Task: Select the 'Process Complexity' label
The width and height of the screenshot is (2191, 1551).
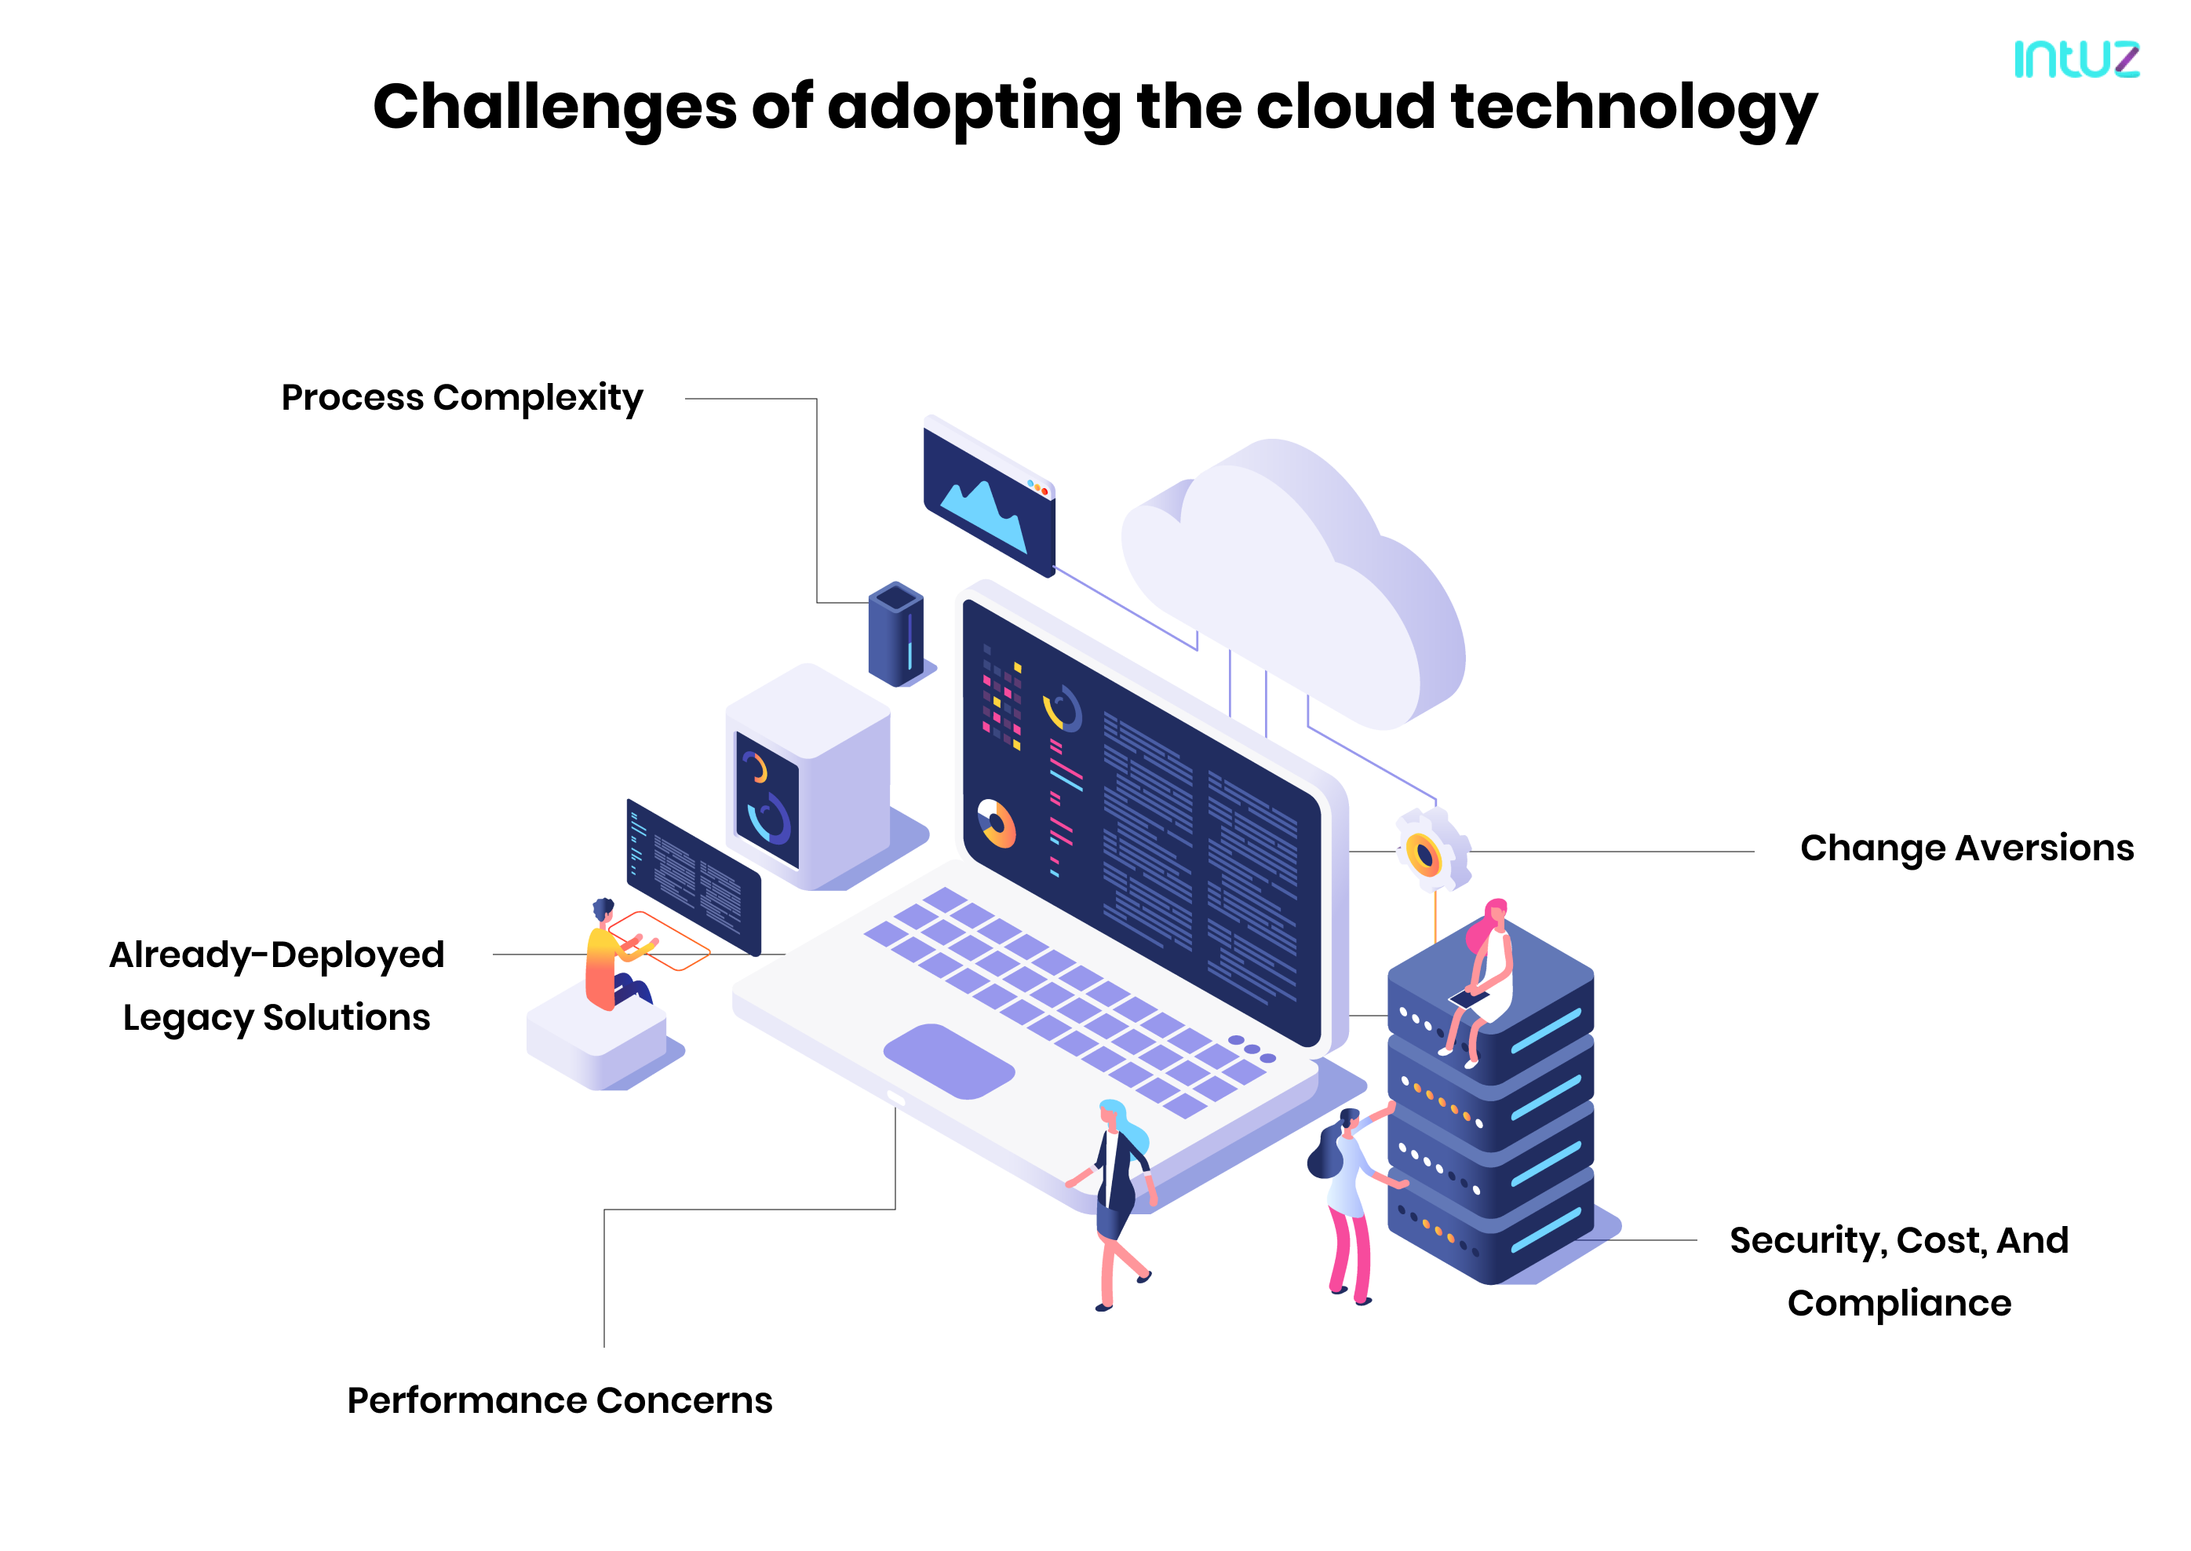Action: [x=462, y=397]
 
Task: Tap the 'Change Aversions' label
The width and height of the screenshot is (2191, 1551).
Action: [x=1966, y=848]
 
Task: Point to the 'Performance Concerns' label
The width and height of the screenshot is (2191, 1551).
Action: [x=560, y=1400]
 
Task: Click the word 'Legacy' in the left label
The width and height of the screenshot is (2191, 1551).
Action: [x=187, y=1018]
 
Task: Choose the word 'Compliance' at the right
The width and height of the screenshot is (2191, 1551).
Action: [x=1899, y=1303]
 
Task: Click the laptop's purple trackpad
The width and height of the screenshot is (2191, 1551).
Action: [x=948, y=1060]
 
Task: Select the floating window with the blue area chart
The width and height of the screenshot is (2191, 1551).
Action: [x=989, y=497]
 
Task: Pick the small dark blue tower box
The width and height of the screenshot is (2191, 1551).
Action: [x=895, y=634]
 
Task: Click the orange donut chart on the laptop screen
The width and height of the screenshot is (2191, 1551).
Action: [x=996, y=823]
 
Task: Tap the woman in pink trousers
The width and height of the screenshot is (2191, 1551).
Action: [x=1346, y=1203]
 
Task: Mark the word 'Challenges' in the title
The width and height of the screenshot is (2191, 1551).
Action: [x=554, y=107]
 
